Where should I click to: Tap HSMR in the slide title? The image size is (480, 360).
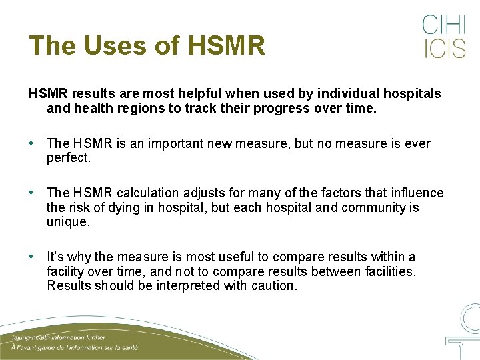pos(227,45)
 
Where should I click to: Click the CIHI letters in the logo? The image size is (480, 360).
pos(444,25)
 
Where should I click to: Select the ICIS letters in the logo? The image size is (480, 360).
pos(444,49)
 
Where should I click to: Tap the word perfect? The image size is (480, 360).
pos(68,158)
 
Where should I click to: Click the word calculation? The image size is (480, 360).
pos(147,193)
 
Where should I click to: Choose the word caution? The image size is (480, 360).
pos(273,285)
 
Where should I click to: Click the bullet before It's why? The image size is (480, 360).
pos(32,257)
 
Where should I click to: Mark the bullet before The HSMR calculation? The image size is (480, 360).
pos(32,193)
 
